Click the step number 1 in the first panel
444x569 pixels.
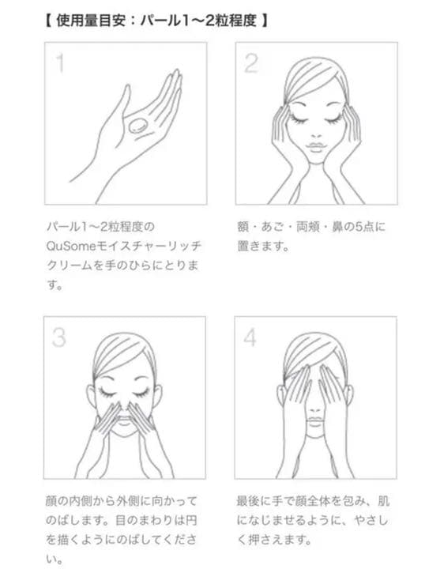(61, 62)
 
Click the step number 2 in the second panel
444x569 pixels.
(251, 63)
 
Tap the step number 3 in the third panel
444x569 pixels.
(59, 337)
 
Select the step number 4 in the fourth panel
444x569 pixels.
(250, 337)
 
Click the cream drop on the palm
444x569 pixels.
(137, 125)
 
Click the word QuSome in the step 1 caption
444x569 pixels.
(70, 246)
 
